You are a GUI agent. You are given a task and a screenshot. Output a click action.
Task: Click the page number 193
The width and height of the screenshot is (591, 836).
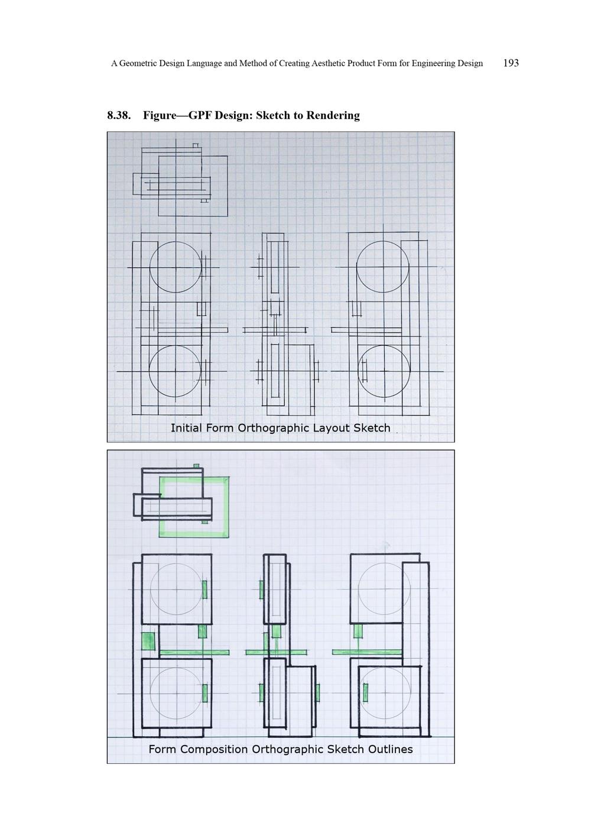(511, 63)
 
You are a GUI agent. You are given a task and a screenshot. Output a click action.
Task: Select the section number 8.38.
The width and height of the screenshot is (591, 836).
(119, 115)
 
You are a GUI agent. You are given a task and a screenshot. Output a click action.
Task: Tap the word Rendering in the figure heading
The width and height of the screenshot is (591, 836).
(333, 115)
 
